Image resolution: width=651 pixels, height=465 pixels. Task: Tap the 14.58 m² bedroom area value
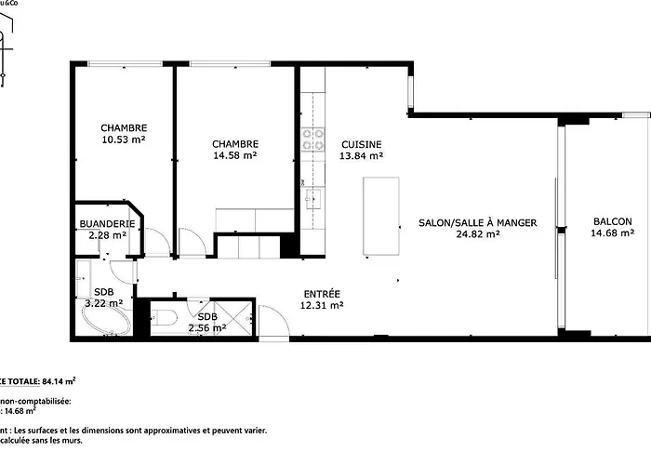point(234,155)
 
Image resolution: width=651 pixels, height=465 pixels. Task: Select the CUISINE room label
point(361,144)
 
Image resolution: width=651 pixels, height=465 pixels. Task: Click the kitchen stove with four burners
point(313,139)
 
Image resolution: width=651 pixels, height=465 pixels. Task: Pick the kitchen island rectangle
point(381,216)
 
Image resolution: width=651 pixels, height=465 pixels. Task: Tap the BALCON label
point(612,221)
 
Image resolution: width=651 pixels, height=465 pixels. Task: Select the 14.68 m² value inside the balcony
point(612,233)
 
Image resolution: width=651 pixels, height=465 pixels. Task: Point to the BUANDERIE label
point(108,224)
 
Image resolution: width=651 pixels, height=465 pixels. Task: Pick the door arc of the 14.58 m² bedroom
point(193,242)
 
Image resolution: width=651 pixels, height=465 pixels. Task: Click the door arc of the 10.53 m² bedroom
point(156,242)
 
